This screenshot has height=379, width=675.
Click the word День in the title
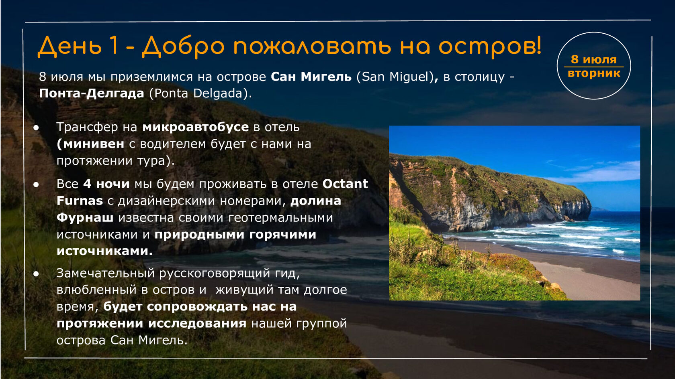click(69, 47)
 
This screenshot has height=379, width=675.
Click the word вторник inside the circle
click(594, 73)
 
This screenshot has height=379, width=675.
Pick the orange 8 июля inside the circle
click(594, 59)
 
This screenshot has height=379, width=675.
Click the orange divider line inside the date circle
click(594, 67)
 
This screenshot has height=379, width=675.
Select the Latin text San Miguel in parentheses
click(395, 77)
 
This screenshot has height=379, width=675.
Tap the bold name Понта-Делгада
click(92, 93)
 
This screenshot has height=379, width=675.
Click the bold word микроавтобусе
click(196, 128)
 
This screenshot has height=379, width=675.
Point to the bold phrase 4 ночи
click(106, 184)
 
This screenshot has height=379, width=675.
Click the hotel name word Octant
click(346, 184)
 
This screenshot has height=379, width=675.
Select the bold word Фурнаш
click(85, 217)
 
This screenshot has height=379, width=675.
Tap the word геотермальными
click(280, 218)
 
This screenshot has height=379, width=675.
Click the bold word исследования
click(197, 324)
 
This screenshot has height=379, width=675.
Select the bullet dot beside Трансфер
click(36, 128)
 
